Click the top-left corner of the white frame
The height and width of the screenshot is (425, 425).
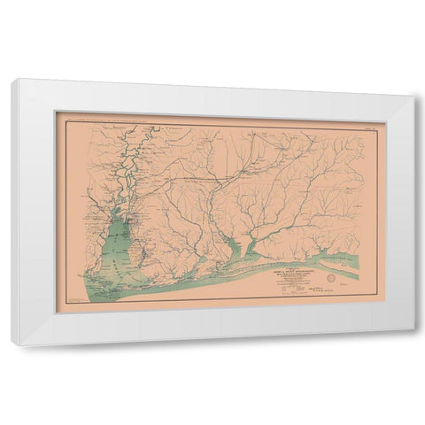tap(13, 81)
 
